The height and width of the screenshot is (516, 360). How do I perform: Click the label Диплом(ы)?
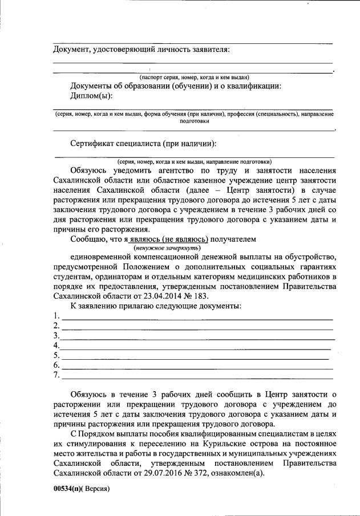91,95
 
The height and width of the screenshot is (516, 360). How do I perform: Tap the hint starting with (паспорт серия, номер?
194,77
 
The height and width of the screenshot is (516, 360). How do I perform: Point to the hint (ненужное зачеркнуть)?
167,248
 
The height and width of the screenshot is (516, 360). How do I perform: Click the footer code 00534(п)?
68,489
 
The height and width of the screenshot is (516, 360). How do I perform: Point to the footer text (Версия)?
96,489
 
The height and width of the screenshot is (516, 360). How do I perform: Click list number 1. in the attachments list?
56,316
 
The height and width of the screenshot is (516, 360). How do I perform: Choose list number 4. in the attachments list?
56,346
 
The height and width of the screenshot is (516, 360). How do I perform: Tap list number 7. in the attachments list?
56,375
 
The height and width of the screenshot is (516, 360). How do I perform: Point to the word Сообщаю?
90,239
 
